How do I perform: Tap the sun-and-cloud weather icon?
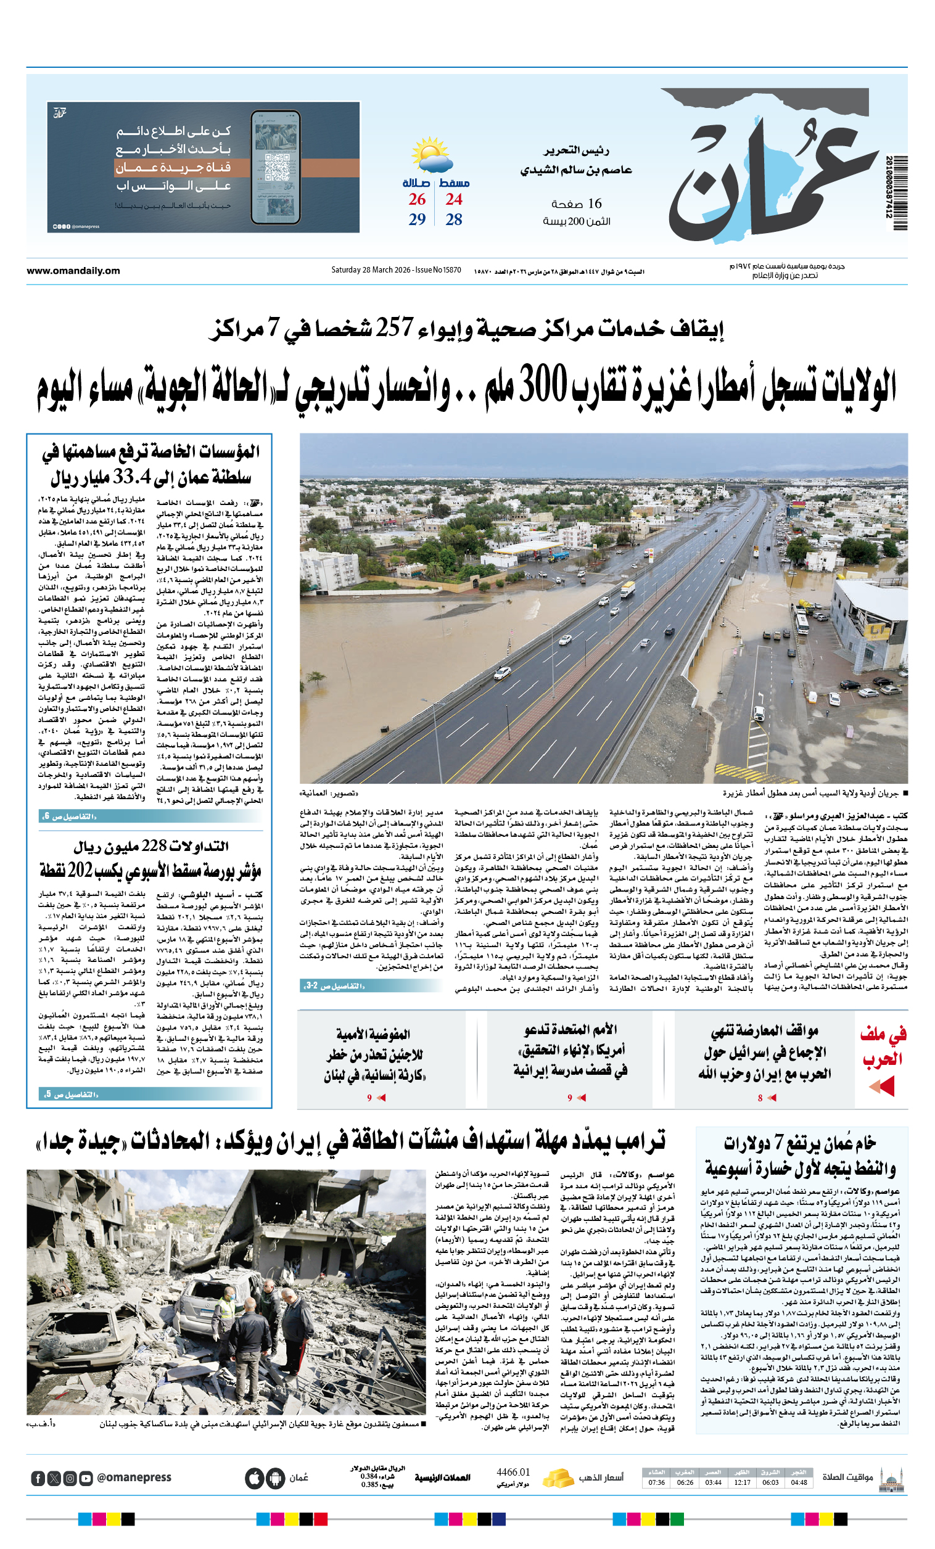(431, 155)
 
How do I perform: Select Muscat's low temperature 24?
(453, 199)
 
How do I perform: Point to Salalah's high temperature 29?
(417, 220)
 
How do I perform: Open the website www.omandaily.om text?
(73, 271)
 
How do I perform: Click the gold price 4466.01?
(513, 1473)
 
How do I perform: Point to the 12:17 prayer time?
(742, 1482)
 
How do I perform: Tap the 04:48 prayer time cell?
(799, 1482)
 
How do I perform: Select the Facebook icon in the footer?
(38, 1478)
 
